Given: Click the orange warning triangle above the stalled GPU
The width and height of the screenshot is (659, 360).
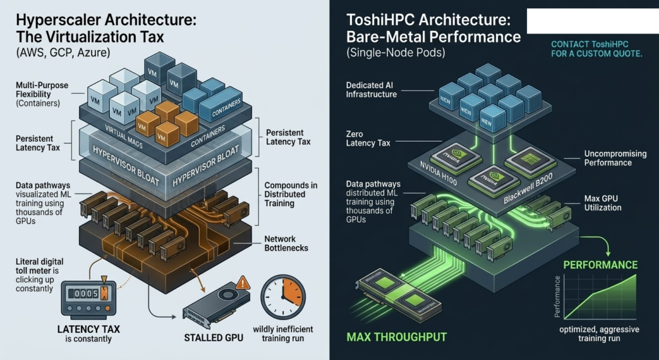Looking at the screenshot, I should (243, 283).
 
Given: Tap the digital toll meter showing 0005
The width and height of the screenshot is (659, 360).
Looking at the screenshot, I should (87, 294).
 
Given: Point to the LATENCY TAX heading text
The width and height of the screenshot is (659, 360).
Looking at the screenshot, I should (88, 330).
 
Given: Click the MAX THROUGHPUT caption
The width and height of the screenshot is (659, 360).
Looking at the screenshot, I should (396, 336).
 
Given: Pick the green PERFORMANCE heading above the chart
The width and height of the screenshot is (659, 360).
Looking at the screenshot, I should (600, 265).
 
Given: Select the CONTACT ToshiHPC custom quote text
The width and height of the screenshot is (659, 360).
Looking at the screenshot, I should (597, 49).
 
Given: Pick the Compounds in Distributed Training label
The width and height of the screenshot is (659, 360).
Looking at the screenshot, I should (291, 194).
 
